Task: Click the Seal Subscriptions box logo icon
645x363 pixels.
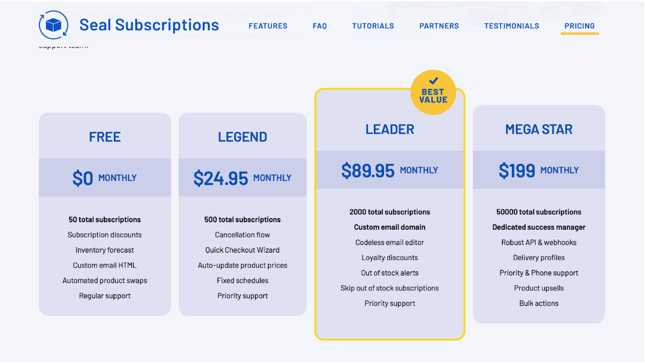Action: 53,25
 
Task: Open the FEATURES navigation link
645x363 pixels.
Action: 268,26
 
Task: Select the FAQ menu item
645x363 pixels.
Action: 319,26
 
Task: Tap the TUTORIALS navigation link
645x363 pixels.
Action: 373,26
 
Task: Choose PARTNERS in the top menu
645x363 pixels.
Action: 439,26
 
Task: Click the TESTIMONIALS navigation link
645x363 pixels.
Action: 511,26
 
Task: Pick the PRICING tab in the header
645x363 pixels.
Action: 579,26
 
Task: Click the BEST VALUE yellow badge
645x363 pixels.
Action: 433,92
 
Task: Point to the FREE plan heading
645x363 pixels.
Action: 105,137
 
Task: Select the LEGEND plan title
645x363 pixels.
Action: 242,137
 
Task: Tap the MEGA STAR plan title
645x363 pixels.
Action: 539,130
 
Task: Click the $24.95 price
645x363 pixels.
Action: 221,178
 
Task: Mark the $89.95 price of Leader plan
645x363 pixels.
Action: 368,171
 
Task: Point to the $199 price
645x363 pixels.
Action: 517,171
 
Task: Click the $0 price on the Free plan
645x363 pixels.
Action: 83,178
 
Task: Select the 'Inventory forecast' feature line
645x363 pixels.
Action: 105,250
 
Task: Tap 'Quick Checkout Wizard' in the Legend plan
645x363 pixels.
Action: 242,250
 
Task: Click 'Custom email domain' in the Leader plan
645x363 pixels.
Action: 389,227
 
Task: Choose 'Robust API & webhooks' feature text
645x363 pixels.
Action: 539,243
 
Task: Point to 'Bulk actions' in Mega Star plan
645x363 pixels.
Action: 539,303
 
